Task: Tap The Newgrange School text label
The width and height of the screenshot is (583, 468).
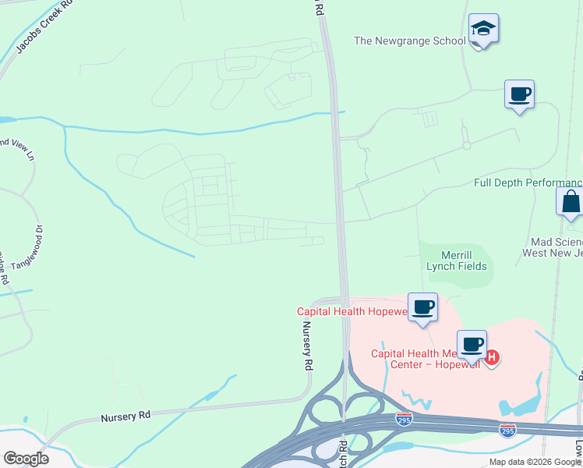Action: click(409, 41)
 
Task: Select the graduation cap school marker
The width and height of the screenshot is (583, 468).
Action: click(483, 30)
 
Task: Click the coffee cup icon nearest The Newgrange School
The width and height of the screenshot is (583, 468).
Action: click(519, 95)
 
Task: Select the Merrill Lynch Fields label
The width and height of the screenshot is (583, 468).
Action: click(456, 261)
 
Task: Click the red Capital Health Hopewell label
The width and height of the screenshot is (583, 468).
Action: click(352, 311)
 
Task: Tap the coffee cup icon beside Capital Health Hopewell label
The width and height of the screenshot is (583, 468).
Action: click(422, 307)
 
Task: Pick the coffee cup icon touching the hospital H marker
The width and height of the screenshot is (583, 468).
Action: click(472, 344)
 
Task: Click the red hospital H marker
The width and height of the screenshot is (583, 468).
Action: click(492, 357)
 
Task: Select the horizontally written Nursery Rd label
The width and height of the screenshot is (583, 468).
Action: click(125, 417)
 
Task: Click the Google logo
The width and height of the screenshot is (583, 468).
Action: click(26, 459)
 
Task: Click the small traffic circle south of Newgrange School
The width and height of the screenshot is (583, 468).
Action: click(466, 146)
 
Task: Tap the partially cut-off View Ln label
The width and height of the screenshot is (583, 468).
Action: click(17, 150)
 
